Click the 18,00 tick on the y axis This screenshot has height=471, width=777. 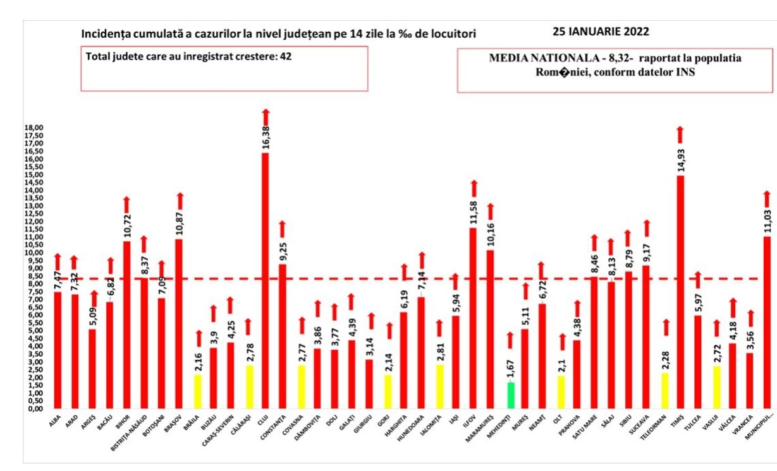pyautogui.click(x=34, y=128)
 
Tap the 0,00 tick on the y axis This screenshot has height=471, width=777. pyautogui.click(x=35, y=408)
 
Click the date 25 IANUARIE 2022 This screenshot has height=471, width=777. pyautogui.click(x=600, y=31)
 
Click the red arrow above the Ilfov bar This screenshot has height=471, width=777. pyautogui.click(x=474, y=188)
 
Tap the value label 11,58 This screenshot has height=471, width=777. pyautogui.click(x=474, y=215)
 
